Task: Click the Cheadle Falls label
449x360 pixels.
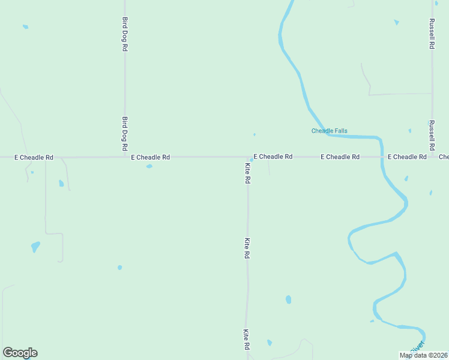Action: click(x=329, y=131)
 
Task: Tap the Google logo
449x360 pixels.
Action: click(x=20, y=353)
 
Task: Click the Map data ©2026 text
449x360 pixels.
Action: click(x=423, y=355)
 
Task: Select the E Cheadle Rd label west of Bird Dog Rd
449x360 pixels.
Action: click(x=34, y=157)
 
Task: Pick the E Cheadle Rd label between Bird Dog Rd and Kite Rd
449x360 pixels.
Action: click(x=151, y=157)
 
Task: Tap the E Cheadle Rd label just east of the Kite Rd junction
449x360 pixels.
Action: click(x=273, y=157)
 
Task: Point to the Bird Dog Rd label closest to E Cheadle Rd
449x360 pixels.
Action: click(x=125, y=134)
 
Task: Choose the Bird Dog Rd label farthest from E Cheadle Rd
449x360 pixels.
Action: click(x=125, y=34)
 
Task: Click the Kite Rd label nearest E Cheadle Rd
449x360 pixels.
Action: click(x=247, y=172)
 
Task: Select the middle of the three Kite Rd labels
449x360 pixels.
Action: click(x=247, y=248)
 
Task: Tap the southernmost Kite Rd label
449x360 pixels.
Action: click(x=246, y=340)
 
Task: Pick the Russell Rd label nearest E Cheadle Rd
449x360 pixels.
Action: click(x=432, y=136)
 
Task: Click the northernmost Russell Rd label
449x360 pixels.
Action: click(x=432, y=34)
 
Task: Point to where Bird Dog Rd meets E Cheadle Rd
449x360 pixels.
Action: click(x=125, y=157)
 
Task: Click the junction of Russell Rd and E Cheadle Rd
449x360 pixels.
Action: click(x=432, y=157)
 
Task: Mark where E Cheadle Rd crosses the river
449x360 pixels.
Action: click(x=381, y=157)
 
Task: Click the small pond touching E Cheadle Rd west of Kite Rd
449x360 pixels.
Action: click(x=149, y=166)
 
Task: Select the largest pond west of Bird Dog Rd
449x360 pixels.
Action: click(x=35, y=246)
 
